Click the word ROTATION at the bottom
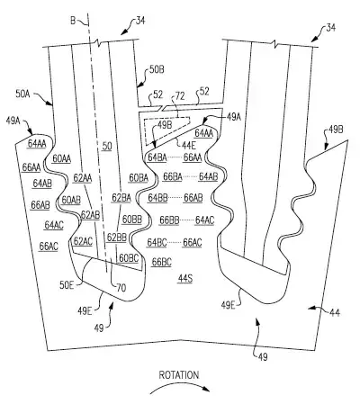point(179,375)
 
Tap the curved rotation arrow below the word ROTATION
point(179,386)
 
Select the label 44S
point(185,279)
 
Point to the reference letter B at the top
point(73,21)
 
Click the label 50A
point(22,94)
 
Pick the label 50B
point(157,70)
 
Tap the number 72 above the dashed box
point(180,96)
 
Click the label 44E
point(188,145)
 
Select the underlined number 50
point(107,146)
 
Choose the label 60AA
point(62,158)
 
